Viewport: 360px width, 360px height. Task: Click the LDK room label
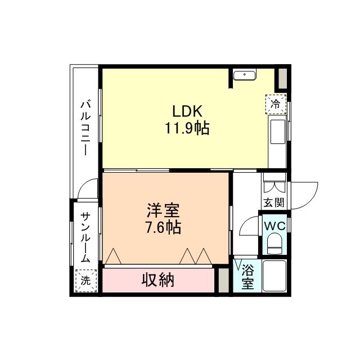(187, 111)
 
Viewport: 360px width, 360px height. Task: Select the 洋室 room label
(163, 210)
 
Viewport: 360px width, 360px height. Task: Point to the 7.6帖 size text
(163, 227)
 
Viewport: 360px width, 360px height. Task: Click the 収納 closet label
(158, 280)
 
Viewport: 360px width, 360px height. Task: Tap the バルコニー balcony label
(85, 128)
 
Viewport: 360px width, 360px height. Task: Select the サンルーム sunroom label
(85, 237)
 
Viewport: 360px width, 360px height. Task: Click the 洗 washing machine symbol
(86, 281)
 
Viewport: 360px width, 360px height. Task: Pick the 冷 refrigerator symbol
(276, 104)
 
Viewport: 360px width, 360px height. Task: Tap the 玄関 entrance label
(274, 202)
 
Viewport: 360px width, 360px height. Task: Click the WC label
(275, 226)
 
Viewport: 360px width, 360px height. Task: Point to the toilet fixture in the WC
(275, 244)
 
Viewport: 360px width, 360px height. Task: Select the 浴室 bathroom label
(247, 277)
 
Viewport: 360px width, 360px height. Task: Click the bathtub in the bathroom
(274, 276)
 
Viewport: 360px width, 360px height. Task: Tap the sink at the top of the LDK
(244, 75)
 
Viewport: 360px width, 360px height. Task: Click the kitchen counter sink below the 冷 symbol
(278, 132)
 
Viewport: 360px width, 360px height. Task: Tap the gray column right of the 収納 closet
(223, 280)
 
